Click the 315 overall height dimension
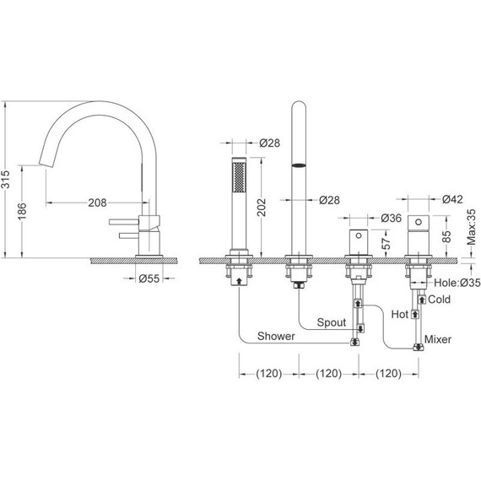6,179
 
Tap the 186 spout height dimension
22,211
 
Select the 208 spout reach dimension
98,203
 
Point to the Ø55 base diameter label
149,278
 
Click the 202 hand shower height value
262,208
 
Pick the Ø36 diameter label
391,218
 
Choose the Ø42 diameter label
452,199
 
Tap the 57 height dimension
386,244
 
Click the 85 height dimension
447,236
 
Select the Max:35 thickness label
472,227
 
